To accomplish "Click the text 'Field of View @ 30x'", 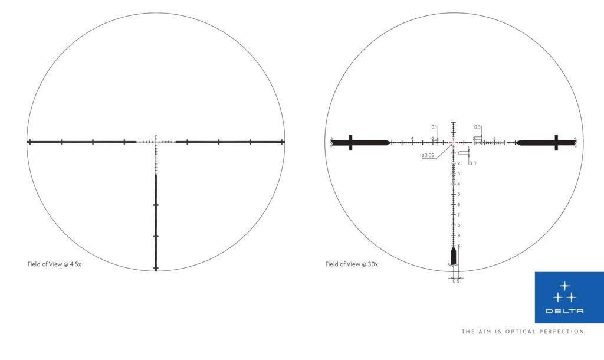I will [x=352, y=264].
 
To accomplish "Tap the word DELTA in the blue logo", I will [x=564, y=311].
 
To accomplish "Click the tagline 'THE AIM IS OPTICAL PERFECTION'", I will [x=523, y=332].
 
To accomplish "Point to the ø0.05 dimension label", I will [x=428, y=155].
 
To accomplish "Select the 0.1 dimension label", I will [x=434, y=127].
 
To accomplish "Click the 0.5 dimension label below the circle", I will [x=455, y=281].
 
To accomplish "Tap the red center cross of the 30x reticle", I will [x=453, y=142].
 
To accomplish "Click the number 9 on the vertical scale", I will [x=458, y=235].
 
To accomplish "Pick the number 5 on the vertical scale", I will [x=458, y=194].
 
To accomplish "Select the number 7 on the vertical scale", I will [x=458, y=215].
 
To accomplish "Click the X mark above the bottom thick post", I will [x=458, y=246].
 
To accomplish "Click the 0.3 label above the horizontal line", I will [x=477, y=127].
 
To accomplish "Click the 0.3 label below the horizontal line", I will [x=472, y=163].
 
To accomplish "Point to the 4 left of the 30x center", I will [x=412, y=138].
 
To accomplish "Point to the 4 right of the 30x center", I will [x=494, y=138].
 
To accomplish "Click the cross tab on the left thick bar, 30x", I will [x=351, y=142].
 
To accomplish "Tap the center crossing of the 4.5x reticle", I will [x=156, y=142].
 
